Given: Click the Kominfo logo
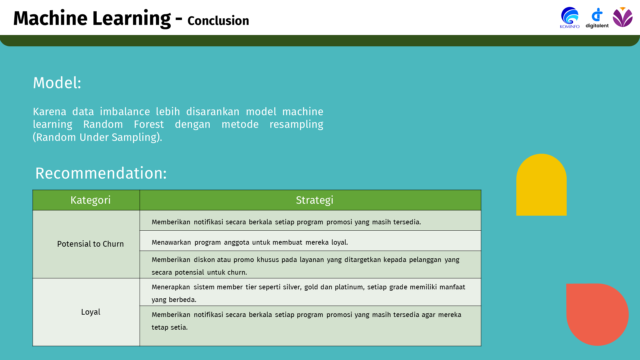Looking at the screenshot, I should pos(570,18).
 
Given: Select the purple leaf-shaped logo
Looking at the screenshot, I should pos(622,17).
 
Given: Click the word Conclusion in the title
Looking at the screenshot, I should pos(218,21).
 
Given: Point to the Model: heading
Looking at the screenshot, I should pos(57,83).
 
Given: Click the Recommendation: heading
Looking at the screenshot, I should pos(101,173).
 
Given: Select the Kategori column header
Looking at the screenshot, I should pos(90,200).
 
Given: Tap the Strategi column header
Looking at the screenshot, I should pos(314,200).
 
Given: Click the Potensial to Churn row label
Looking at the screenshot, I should pos(90,244).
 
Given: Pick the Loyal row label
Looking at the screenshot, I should pos(91,312).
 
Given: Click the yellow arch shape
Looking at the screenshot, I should pos(541,185).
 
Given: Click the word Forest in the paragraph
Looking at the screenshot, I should pos(149,124).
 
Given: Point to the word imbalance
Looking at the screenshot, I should pos(125,112).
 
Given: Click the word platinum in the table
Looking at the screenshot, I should pos(349,287).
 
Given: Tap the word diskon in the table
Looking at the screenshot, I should pos(204,260).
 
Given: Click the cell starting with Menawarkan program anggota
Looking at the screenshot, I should pos(250,242).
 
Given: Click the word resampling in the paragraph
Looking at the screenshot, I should pos(296,124).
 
